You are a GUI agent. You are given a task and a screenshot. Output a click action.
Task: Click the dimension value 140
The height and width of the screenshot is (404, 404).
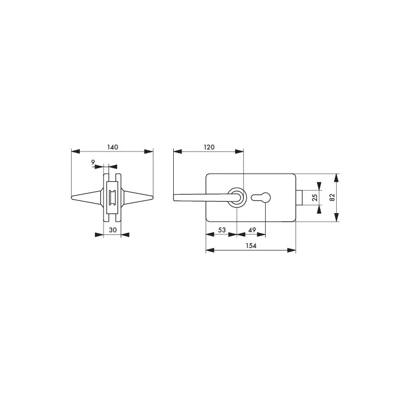tap(113, 147)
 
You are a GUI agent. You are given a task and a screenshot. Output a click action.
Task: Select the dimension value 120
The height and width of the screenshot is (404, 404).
tap(209, 147)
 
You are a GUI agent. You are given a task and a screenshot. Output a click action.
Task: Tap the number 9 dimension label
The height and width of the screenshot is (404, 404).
tap(93, 162)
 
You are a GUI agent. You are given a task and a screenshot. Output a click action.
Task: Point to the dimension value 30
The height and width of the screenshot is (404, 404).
tap(113, 230)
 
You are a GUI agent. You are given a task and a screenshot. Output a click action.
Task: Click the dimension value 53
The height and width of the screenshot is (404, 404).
tap(222, 230)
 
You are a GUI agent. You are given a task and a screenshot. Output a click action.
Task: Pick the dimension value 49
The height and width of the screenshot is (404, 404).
tap(252, 230)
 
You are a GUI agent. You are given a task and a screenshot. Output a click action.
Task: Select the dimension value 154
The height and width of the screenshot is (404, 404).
tap(251, 245)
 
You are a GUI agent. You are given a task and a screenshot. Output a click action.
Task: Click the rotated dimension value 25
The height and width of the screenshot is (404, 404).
tap(315, 197)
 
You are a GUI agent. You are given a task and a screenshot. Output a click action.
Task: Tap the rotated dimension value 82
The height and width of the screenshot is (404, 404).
tap(332, 197)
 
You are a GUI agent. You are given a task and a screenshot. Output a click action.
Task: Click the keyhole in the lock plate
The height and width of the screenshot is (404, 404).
tap(261, 197)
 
